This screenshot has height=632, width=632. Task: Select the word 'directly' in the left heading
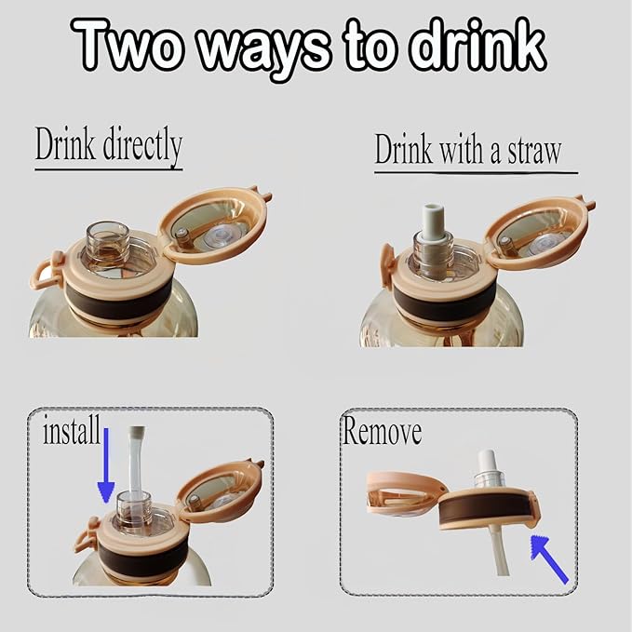(142, 145)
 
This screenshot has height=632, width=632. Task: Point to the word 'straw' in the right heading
(533, 151)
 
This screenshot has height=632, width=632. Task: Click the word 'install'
(72, 430)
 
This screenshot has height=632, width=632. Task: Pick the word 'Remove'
(382, 431)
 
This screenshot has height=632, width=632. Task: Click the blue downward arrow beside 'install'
(106, 465)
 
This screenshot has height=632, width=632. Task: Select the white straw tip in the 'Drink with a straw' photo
(432, 220)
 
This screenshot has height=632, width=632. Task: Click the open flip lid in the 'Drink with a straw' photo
(539, 234)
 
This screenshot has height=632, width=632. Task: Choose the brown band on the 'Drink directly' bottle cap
(117, 299)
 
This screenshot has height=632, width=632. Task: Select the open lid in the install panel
(220, 489)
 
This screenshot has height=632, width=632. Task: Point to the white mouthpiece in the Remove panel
(489, 462)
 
